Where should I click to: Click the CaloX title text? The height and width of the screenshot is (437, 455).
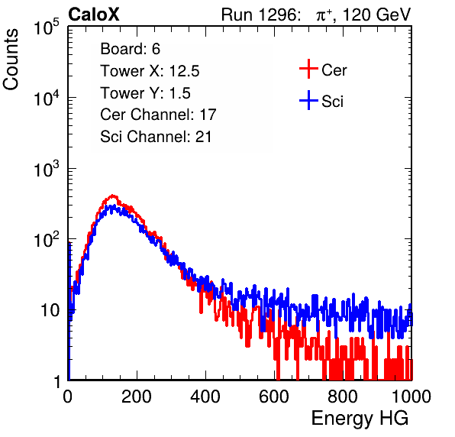click(x=94, y=15)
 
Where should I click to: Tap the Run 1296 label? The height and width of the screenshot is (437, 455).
click(x=260, y=15)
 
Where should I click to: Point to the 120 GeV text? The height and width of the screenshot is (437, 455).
click(x=376, y=15)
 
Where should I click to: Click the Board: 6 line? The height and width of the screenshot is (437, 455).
click(x=130, y=49)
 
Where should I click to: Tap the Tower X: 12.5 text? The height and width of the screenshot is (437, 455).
click(x=150, y=71)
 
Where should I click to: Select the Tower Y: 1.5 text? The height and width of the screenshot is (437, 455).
click(x=145, y=93)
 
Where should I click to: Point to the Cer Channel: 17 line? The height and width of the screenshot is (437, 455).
click(x=158, y=115)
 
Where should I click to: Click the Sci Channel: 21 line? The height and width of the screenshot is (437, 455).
click(x=156, y=137)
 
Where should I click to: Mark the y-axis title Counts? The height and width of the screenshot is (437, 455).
click(x=11, y=60)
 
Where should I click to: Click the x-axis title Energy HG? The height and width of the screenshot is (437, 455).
click(x=360, y=419)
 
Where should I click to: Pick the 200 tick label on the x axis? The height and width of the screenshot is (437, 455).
click(x=137, y=397)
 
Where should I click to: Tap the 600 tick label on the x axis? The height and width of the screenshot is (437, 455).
click(x=274, y=397)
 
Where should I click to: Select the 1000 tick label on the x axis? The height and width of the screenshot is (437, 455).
click(x=411, y=397)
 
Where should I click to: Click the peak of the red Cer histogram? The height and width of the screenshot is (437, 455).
click(x=113, y=196)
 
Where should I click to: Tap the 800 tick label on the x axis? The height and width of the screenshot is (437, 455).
click(x=343, y=397)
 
